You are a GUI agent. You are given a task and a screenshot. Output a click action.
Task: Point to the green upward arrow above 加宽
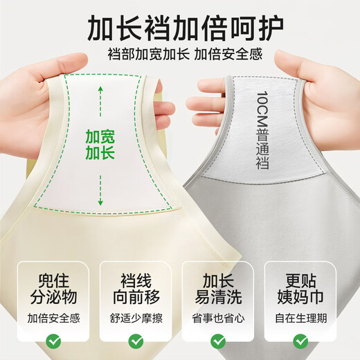[x=100, y=95]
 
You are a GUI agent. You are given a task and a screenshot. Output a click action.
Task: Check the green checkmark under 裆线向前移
[x=136, y=341]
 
